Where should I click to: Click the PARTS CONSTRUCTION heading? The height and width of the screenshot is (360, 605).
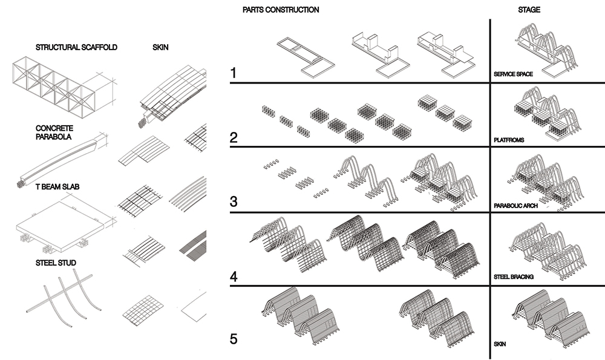pyautogui.click(x=280, y=10)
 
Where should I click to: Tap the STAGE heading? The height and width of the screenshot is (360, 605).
pyautogui.click(x=529, y=10)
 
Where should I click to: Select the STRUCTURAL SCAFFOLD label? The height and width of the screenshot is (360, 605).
pyautogui.click(x=76, y=47)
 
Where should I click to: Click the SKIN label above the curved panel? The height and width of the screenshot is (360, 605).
pyautogui.click(x=160, y=47)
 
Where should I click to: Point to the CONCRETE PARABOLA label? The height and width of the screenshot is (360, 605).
pyautogui.click(x=54, y=133)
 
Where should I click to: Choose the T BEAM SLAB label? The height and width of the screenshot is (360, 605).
pyautogui.click(x=58, y=187)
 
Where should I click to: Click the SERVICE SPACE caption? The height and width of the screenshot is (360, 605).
pyautogui.click(x=512, y=74)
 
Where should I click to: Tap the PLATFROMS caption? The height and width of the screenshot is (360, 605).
pyautogui.click(x=509, y=140)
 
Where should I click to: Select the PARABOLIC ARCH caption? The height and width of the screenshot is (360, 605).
pyautogui.click(x=515, y=206)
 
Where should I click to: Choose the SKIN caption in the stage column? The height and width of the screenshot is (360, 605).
pyautogui.click(x=500, y=344)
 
